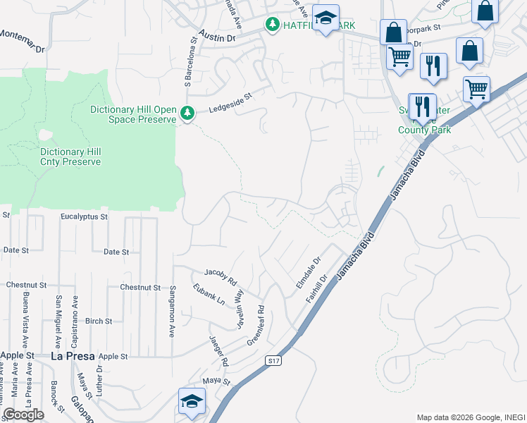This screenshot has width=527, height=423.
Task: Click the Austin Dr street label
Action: pyautogui.click(x=216, y=36)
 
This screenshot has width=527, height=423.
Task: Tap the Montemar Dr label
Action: pyautogui.click(x=22, y=42)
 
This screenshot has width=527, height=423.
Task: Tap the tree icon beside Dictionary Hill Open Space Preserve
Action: pyautogui.click(x=187, y=113)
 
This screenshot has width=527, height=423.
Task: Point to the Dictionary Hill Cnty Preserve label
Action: pyautogui.click(x=70, y=157)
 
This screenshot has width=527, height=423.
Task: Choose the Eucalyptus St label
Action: pyautogui.click(x=84, y=217)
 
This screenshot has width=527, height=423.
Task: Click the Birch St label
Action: pyautogui.click(x=98, y=321)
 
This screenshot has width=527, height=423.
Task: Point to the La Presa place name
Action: pyautogui.click(x=73, y=357)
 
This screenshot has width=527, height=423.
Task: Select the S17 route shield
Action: pyautogui.click(x=274, y=360)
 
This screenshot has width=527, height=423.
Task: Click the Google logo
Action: pyautogui.click(x=23, y=415)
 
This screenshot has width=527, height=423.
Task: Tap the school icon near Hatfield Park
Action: pyautogui.click(x=325, y=20)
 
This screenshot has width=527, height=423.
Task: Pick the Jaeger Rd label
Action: pyautogui.click(x=219, y=351)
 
